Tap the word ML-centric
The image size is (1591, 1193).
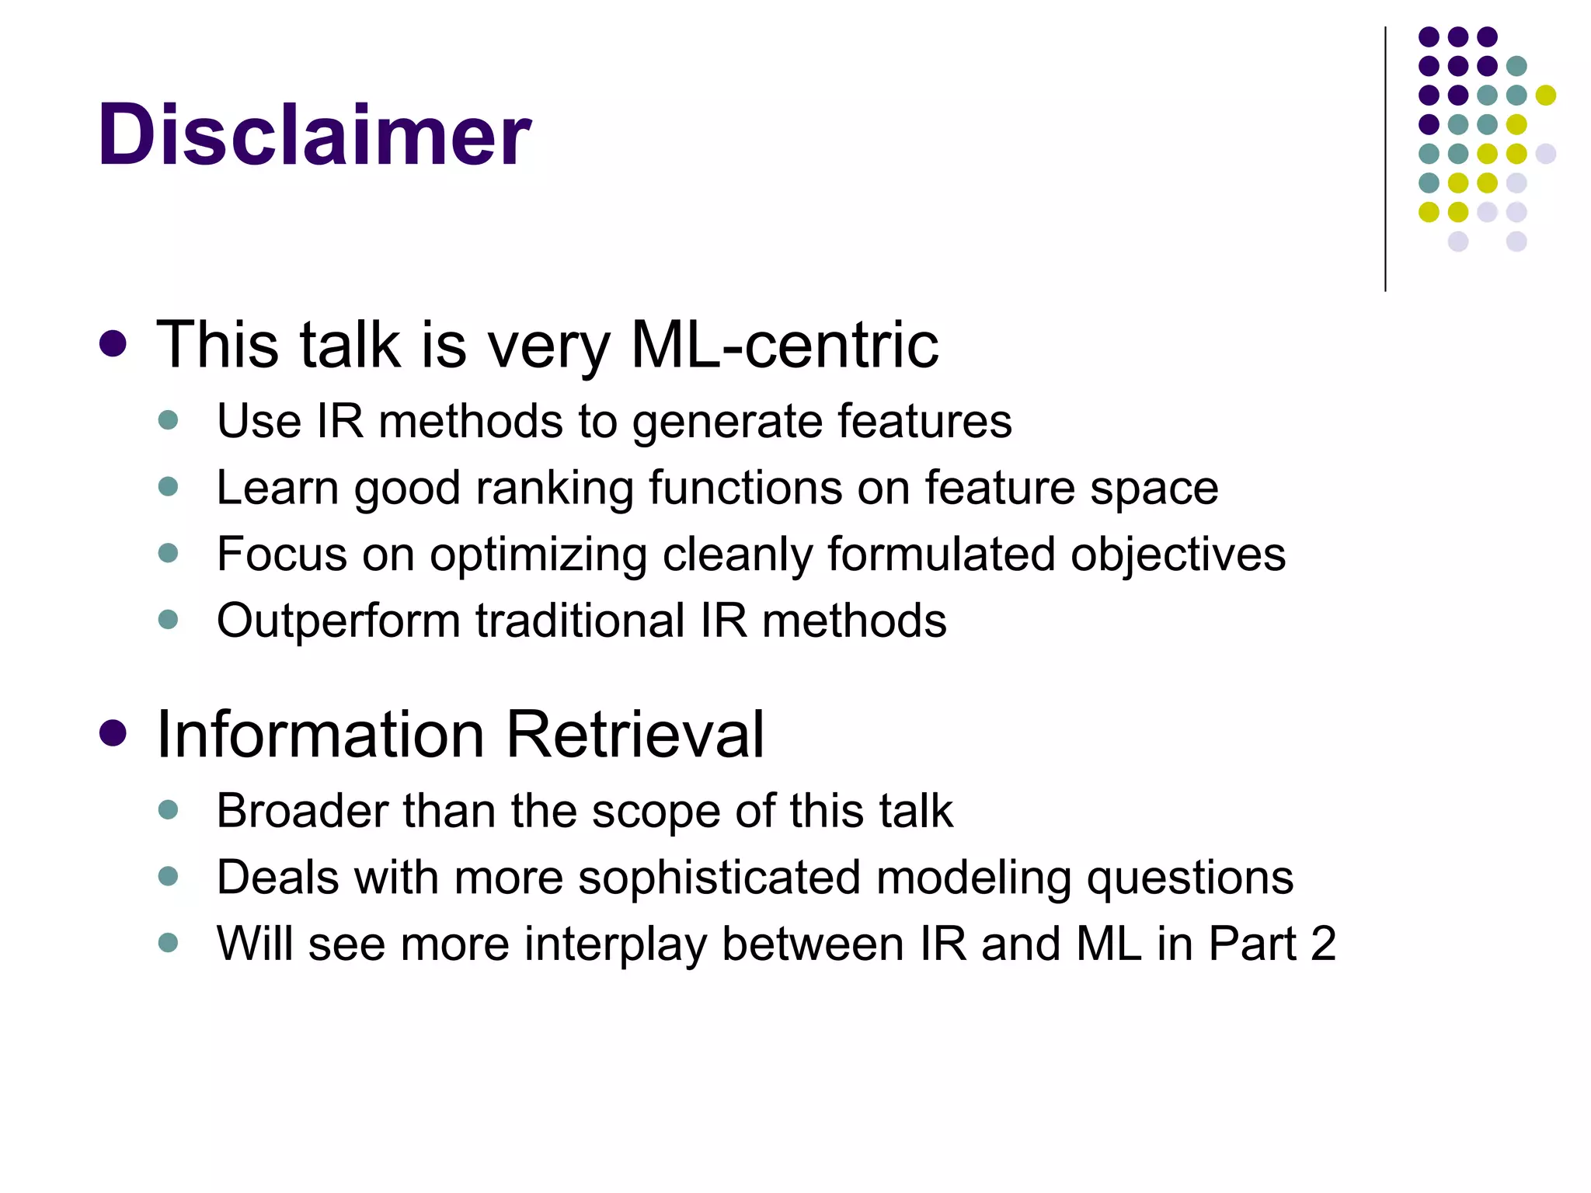784,344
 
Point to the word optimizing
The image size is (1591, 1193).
538,555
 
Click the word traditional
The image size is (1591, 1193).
580,621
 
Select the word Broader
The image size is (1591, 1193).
302,811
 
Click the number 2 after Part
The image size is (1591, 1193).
1323,944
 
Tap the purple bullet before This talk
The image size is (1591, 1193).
113,344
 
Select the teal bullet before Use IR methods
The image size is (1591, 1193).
168,420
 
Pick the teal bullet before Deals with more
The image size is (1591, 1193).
168,877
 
